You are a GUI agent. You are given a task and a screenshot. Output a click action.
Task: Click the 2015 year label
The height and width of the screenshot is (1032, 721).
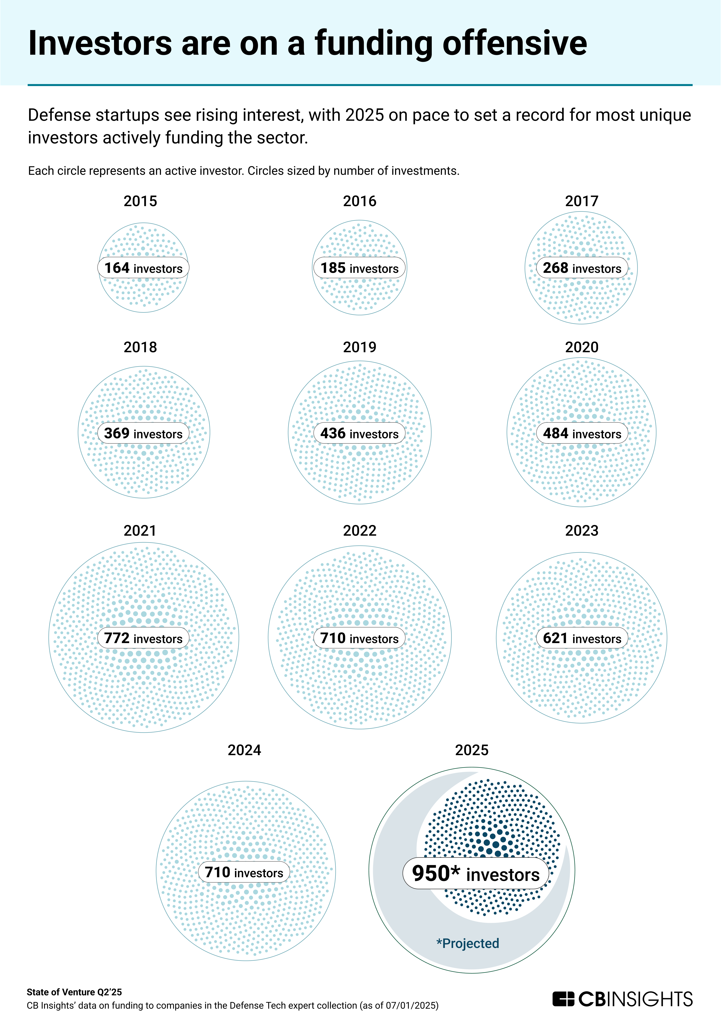(140, 201)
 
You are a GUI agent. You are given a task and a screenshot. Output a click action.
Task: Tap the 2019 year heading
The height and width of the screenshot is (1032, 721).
(359, 347)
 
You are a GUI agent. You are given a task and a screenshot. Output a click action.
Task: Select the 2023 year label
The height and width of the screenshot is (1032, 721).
(582, 530)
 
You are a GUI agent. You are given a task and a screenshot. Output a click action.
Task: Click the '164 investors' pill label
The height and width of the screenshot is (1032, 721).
(143, 268)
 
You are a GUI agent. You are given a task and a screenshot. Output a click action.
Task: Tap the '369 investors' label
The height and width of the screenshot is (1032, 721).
(143, 433)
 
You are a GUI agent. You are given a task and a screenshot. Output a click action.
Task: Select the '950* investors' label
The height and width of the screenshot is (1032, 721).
(476, 873)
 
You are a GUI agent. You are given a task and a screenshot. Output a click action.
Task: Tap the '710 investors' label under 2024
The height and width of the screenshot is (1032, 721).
(244, 872)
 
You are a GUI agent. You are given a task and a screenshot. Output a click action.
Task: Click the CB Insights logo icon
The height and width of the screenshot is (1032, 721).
(563, 999)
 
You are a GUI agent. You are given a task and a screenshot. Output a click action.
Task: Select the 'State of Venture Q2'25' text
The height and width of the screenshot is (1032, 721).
(74, 992)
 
